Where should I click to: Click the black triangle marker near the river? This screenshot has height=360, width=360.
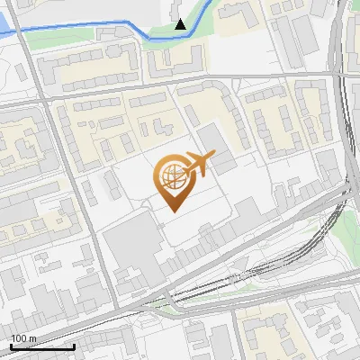181,24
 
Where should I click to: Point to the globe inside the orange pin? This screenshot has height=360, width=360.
172,178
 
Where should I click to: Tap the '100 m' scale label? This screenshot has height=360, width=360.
23,338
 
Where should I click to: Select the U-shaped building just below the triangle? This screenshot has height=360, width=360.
176,59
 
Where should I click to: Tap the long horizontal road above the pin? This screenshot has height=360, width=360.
180,83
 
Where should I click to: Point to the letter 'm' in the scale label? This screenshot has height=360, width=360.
32,338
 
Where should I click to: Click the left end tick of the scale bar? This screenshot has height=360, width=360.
11,346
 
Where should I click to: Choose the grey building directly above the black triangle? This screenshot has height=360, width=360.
176,8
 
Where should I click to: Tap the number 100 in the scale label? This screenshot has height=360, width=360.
19,338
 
